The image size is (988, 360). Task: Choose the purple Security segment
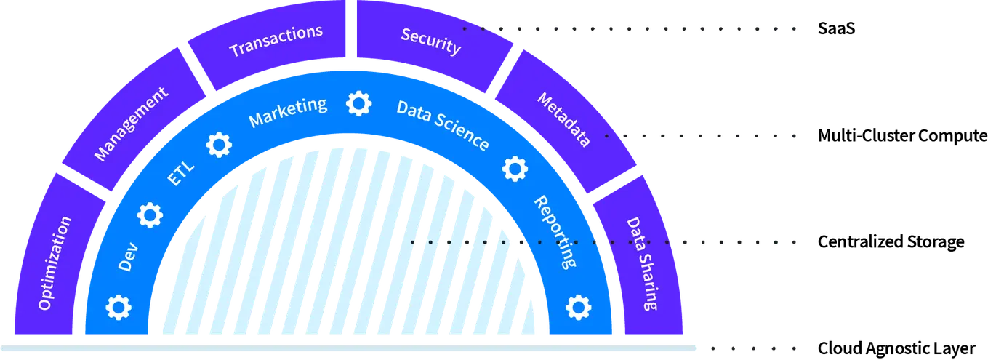click(431, 41)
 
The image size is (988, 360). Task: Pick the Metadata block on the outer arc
click(563, 120)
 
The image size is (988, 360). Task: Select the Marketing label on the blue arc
click(288, 112)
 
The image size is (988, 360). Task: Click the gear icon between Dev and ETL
click(150, 214)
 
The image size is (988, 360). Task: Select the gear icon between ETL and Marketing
click(218, 145)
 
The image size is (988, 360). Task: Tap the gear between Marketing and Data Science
click(358, 103)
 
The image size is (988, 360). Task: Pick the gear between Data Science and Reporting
click(515, 168)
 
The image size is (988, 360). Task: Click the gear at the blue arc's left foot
click(118, 307)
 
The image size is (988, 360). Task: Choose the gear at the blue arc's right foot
click(578, 307)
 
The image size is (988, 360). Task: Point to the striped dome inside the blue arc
click(349, 247)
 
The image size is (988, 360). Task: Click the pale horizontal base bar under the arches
click(349, 349)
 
